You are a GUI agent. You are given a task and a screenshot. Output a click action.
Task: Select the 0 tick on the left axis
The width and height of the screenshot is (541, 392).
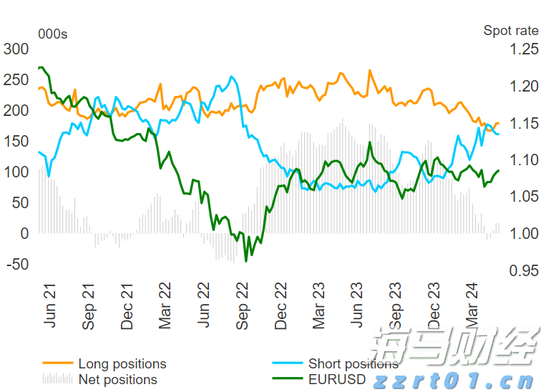click(24, 234)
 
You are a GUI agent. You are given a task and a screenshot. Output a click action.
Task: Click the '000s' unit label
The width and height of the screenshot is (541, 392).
click(52, 34)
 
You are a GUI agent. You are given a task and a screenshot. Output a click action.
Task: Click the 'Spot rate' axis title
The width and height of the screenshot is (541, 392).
click(510, 30)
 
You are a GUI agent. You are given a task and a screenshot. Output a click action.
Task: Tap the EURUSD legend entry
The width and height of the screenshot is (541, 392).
click(336, 379)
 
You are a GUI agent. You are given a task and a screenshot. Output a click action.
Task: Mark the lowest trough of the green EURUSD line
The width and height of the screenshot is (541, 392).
click(246, 261)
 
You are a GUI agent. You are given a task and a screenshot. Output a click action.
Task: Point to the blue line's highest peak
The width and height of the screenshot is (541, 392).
click(232, 77)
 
